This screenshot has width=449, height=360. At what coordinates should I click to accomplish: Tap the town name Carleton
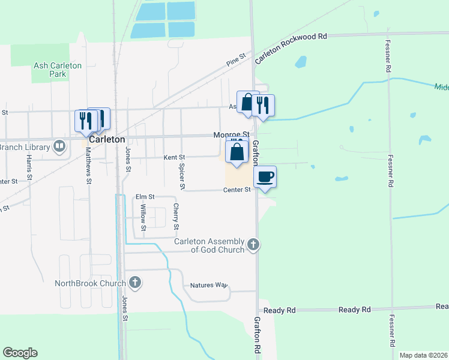pyautogui.click(x=107, y=139)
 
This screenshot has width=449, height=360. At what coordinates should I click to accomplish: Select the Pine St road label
pyautogui.click(x=237, y=59)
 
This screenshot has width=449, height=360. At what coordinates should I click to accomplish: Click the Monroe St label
pyautogui.click(x=232, y=135)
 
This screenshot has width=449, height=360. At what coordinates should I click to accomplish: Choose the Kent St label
pyautogui.click(x=175, y=157)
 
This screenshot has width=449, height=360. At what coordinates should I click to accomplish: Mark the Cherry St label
pyautogui.click(x=176, y=217)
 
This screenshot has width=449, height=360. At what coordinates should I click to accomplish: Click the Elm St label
pyautogui.click(x=145, y=196)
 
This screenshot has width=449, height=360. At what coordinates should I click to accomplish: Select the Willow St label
pyautogui.click(x=143, y=217)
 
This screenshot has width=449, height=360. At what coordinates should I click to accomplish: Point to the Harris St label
pyautogui.click(x=28, y=168)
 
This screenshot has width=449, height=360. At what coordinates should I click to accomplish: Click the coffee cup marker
pyautogui.click(x=265, y=177)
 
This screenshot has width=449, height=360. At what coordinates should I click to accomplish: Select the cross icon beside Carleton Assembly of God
pyautogui.click(x=253, y=245)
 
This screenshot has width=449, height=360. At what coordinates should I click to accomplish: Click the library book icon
pyautogui.click(x=59, y=146)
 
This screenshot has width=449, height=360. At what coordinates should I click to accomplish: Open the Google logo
pyautogui.click(x=20, y=353)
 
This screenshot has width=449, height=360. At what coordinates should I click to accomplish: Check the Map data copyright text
pyautogui.click(x=423, y=355)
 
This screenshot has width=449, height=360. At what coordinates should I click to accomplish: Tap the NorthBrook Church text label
pyautogui.click(x=90, y=283)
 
